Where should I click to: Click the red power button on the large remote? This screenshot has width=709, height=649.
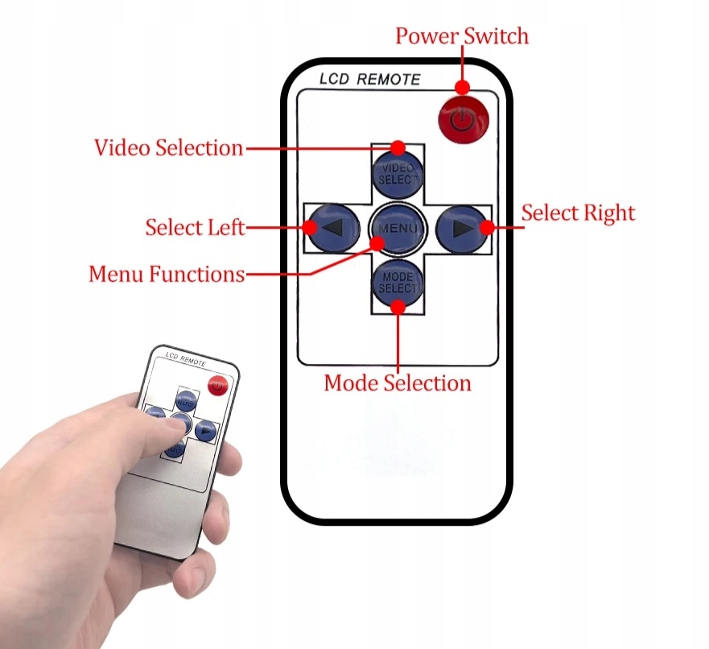[x=463, y=121]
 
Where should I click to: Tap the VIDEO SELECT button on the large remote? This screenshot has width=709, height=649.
[x=398, y=174]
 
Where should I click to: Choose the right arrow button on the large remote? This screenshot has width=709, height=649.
[x=461, y=228]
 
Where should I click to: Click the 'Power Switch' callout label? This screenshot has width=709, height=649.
[x=462, y=36]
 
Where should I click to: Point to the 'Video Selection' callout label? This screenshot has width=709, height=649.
[x=168, y=148]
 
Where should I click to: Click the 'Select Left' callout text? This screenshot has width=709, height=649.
[x=195, y=227]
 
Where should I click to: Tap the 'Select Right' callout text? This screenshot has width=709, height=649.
[x=578, y=213]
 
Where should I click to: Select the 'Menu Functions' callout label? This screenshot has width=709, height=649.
[x=167, y=275]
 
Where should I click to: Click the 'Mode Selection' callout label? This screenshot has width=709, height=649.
[x=398, y=382]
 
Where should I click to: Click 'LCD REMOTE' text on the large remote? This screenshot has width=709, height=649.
[x=369, y=79]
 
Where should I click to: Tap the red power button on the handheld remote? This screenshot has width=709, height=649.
[x=216, y=386]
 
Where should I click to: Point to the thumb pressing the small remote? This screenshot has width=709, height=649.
[x=157, y=419]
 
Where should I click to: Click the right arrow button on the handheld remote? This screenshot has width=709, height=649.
[x=207, y=432]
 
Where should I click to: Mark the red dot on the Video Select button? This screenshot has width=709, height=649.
[x=398, y=147]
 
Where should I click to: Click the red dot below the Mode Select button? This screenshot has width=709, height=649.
[x=398, y=305]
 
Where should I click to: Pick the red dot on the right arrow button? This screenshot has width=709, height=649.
[x=487, y=228]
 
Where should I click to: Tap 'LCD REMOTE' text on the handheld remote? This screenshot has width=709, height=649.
[x=185, y=358]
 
